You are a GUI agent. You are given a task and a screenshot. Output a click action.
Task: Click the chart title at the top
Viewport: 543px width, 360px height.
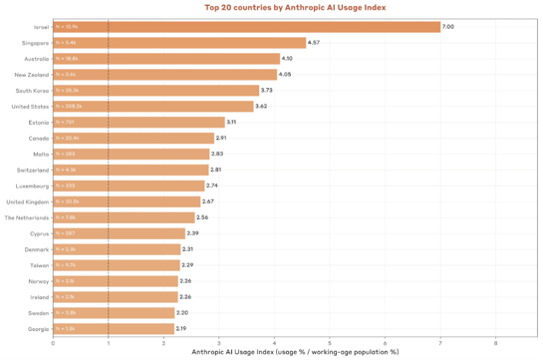pyautogui.click(x=294, y=7)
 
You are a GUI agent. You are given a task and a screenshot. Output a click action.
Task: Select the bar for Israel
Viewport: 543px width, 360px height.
pyautogui.click(x=246, y=27)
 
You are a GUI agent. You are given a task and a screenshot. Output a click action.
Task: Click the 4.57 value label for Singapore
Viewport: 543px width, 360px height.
pyautogui.click(x=314, y=43)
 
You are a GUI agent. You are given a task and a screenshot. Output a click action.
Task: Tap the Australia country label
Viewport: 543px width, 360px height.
pyautogui.click(x=31, y=59)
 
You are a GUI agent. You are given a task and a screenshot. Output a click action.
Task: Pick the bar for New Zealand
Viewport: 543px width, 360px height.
pyautogui.click(x=163, y=75)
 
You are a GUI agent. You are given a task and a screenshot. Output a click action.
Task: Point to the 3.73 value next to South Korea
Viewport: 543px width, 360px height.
pyautogui.click(x=267, y=90)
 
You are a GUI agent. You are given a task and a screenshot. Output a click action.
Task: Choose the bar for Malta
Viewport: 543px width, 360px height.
pyautogui.click(x=131, y=154)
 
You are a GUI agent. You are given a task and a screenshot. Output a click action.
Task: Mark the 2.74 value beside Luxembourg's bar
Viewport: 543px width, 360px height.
pyautogui.click(x=212, y=185)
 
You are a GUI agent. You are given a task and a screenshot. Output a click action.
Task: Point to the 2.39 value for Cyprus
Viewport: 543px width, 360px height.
pyautogui.click(x=192, y=232)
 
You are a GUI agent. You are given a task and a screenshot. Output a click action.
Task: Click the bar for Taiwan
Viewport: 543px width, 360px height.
pyautogui.click(x=116, y=264)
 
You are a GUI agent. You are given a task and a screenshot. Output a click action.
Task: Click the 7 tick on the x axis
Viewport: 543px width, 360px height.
pyautogui.click(x=440, y=342)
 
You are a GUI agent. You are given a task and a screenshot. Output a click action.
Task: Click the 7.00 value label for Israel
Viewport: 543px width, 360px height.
pyautogui.click(x=448, y=27)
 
